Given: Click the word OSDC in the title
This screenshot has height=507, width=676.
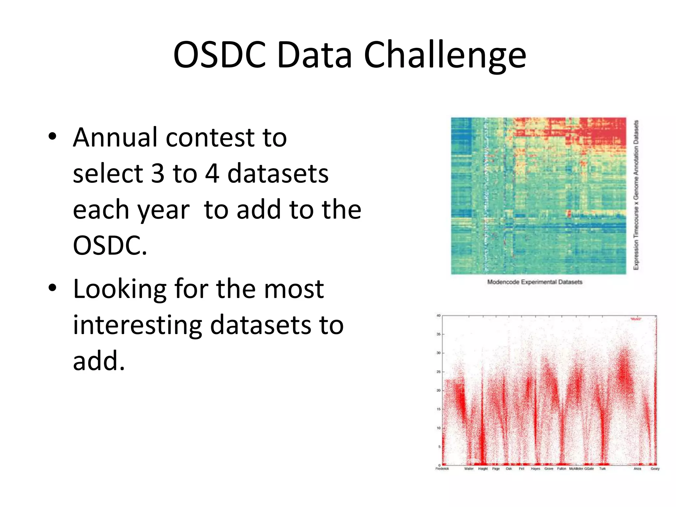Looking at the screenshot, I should tap(219, 55).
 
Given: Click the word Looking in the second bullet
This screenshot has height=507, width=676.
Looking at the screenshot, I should tap(119, 289).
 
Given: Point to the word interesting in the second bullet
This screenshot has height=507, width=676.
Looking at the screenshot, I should tap(137, 325).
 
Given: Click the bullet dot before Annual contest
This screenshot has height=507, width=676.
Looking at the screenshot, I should tap(52, 137).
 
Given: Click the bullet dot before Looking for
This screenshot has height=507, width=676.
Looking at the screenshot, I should tap(52, 288).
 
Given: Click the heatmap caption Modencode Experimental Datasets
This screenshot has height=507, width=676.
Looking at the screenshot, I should tap(535, 282).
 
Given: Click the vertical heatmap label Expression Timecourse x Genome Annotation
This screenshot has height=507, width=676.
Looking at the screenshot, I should tap(636, 195).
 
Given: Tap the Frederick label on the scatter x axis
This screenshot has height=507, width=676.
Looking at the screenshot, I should tap(442, 469).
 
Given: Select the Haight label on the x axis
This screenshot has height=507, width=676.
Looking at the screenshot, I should tap(483, 469).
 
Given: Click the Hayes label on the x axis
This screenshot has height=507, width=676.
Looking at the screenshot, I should tap(535, 469).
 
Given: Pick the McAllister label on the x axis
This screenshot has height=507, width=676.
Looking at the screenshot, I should tap(576, 469).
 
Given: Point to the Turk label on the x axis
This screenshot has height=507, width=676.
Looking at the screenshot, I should tap(602, 469).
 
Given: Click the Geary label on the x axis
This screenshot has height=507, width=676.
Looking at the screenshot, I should tap(655, 469).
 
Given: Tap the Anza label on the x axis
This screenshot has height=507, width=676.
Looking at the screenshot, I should tap(637, 469).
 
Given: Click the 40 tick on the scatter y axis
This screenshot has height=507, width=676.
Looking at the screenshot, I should tap(438, 316).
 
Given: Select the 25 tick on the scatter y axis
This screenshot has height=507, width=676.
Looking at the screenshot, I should tap(438, 372).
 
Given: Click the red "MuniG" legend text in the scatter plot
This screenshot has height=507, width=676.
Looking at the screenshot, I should tap(635, 319).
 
